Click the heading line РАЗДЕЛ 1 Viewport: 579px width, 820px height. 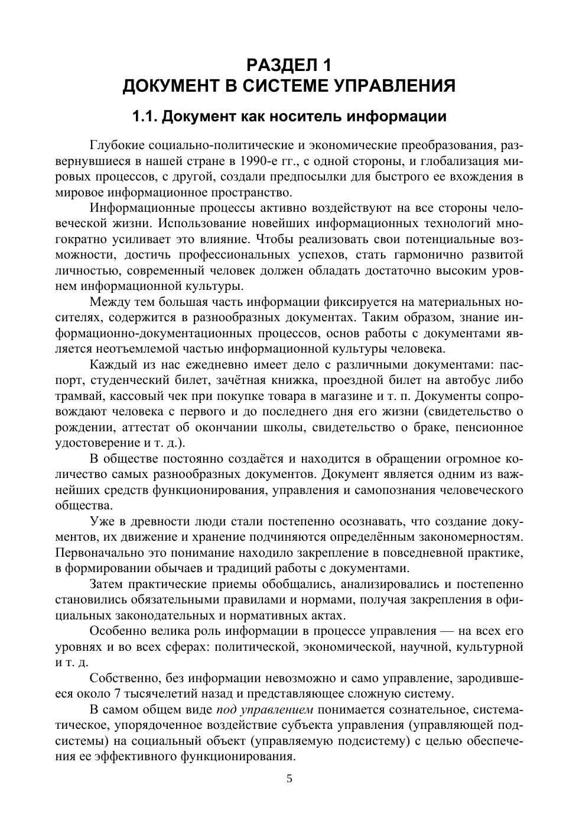(x=289, y=64)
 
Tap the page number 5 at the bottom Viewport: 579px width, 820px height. (x=289, y=779)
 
